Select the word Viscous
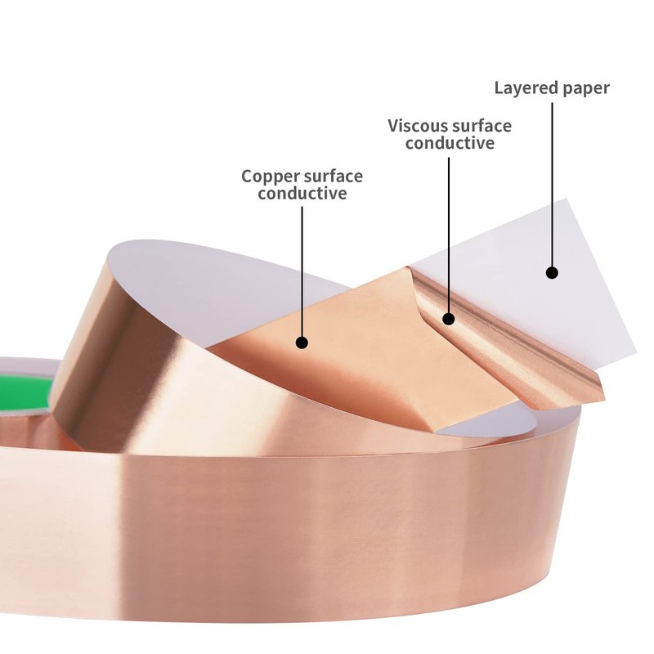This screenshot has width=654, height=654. (x=418, y=126)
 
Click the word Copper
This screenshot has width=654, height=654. (x=270, y=177)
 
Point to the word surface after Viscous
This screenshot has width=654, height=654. (x=482, y=126)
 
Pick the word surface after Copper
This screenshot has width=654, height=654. (x=333, y=177)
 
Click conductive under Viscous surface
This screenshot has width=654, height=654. (x=450, y=144)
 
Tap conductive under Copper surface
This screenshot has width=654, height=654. (x=302, y=194)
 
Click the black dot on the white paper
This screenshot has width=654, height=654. (x=553, y=273)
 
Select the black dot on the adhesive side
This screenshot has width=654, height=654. (x=448, y=319)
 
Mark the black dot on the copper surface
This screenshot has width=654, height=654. (x=302, y=343)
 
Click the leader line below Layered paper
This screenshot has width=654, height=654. (x=553, y=185)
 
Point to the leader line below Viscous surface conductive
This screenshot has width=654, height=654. (x=449, y=235)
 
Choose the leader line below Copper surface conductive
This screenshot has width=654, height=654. (x=302, y=271)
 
